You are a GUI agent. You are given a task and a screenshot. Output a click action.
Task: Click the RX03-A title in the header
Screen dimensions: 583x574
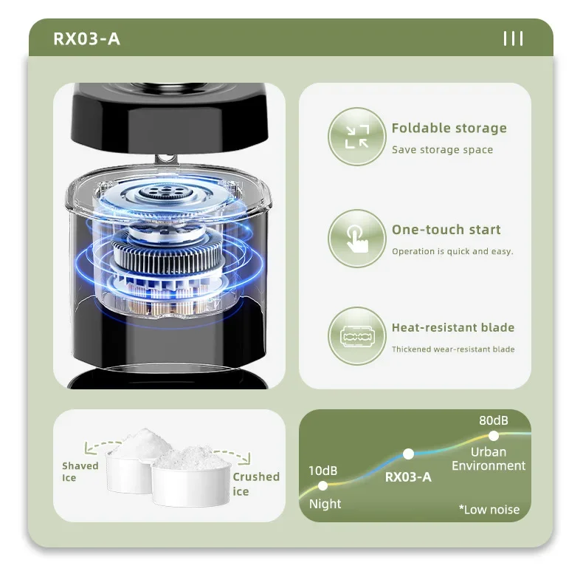point(86,38)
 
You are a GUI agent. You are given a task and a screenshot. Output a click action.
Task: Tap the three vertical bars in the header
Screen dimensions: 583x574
point(513,38)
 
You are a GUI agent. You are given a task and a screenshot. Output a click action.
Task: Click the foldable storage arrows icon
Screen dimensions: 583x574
point(357,137)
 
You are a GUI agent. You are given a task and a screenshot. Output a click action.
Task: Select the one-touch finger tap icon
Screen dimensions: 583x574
point(357,238)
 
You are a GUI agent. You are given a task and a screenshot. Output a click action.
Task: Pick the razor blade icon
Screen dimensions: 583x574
point(357,336)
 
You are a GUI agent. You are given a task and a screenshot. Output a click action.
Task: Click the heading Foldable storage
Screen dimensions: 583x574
point(449,128)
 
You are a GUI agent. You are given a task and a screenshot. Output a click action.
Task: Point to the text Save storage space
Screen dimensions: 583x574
point(443,150)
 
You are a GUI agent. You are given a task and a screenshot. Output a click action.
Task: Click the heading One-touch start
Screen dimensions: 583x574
point(446,230)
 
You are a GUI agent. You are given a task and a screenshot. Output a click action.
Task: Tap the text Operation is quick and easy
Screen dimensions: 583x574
point(452,251)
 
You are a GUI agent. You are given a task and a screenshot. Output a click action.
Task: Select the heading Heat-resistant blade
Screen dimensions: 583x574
point(453,327)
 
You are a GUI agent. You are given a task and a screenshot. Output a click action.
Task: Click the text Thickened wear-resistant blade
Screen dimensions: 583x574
point(453,349)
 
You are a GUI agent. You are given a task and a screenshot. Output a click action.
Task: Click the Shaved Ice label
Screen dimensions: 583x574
point(80,471)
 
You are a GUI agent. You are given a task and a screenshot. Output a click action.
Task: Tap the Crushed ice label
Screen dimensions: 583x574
point(256,484)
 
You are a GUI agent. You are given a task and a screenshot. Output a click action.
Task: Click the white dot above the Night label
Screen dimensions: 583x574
point(322,485)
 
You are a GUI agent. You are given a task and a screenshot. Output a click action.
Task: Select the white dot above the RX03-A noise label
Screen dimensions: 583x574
point(408,454)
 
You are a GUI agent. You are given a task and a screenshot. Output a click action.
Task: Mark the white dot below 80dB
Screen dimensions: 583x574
point(494,436)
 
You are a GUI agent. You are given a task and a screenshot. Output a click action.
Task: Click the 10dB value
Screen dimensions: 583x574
point(322,471)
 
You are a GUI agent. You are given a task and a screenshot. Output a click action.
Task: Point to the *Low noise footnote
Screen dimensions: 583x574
point(489,509)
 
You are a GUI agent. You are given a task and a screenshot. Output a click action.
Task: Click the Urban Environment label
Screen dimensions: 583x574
point(489,459)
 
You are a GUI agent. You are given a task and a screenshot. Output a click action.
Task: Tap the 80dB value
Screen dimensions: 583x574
point(494,420)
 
